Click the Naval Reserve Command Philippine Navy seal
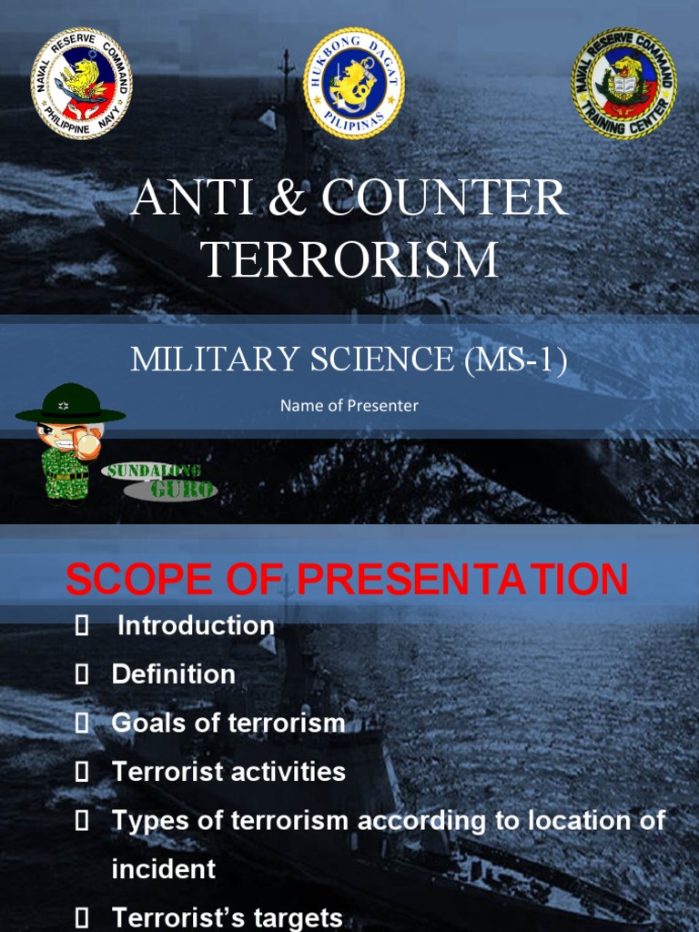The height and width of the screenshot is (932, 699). [82, 83]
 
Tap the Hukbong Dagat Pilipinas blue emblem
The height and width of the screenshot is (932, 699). [354, 83]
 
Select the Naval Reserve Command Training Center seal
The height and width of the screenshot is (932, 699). [623, 83]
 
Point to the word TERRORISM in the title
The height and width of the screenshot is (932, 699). [350, 259]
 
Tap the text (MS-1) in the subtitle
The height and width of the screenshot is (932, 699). [516, 360]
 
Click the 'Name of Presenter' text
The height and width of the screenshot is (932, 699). [349, 405]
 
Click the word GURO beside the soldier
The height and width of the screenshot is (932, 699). [183, 490]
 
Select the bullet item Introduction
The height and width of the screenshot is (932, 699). [196, 625]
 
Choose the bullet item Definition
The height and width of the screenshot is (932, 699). [173, 674]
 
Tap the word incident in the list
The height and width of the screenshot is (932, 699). [164, 869]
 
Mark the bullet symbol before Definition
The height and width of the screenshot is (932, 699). [83, 674]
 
